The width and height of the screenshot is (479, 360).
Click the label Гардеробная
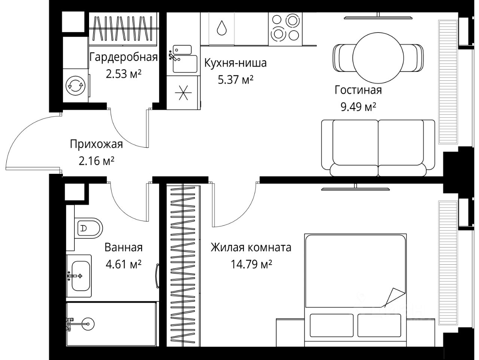(x=123, y=57)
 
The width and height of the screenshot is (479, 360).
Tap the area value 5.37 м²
(x=236, y=80)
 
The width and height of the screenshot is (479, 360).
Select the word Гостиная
(x=358, y=90)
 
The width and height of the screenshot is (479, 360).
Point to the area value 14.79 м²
(x=251, y=264)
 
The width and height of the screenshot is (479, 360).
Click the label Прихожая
(x=97, y=144)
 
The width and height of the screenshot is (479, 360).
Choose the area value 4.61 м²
(x=123, y=264)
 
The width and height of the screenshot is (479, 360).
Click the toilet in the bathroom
(x=88, y=228)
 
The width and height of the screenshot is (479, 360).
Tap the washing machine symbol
(x=76, y=86)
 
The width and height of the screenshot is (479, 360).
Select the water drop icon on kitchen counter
(x=222, y=28)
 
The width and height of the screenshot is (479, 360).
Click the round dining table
(x=378, y=58)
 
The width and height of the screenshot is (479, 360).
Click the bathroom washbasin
(x=79, y=276)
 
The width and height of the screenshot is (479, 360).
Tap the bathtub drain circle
(x=88, y=324)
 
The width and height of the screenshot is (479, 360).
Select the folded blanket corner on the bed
(x=394, y=298)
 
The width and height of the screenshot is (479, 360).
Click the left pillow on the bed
(x=332, y=325)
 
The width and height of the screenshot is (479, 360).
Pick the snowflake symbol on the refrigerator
(x=183, y=93)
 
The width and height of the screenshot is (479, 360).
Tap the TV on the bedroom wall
(x=355, y=188)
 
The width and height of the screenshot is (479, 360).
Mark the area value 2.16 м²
(x=97, y=161)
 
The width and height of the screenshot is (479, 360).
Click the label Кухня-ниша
(x=235, y=63)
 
